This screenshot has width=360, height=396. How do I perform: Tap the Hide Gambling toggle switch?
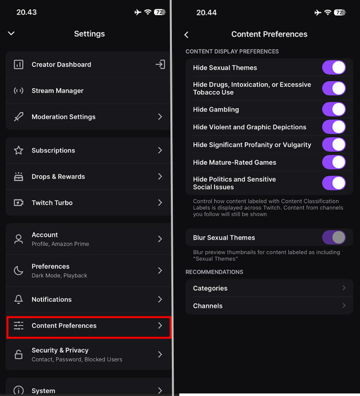point(334,109)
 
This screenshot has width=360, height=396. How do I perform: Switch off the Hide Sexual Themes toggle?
point(334,68)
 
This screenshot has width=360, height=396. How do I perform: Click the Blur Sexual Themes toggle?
point(334,237)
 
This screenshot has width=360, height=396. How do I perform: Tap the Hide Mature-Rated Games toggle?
point(334,162)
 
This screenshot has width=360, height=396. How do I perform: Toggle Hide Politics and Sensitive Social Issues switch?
point(334,183)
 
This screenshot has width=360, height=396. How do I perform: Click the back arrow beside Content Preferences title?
point(186,35)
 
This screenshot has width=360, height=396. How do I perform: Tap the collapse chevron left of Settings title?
point(12,34)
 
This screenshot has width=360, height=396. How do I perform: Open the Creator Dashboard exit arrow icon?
point(160,64)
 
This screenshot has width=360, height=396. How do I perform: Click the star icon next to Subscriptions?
point(19,151)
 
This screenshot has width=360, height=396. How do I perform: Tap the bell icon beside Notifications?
point(19,300)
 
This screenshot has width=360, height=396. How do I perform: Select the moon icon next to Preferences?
point(19,271)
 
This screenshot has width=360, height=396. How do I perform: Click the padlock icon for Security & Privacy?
point(19,355)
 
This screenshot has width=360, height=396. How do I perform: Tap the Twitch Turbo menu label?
point(52,203)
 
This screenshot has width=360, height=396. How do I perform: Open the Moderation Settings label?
point(63,117)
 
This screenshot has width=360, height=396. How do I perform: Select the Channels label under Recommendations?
point(208,306)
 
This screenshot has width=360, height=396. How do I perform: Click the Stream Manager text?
point(58,91)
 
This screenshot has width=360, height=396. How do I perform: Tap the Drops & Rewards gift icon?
point(19,176)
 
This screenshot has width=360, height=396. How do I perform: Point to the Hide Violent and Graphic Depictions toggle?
point(334,127)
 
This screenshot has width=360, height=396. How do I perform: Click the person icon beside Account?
point(19,239)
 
